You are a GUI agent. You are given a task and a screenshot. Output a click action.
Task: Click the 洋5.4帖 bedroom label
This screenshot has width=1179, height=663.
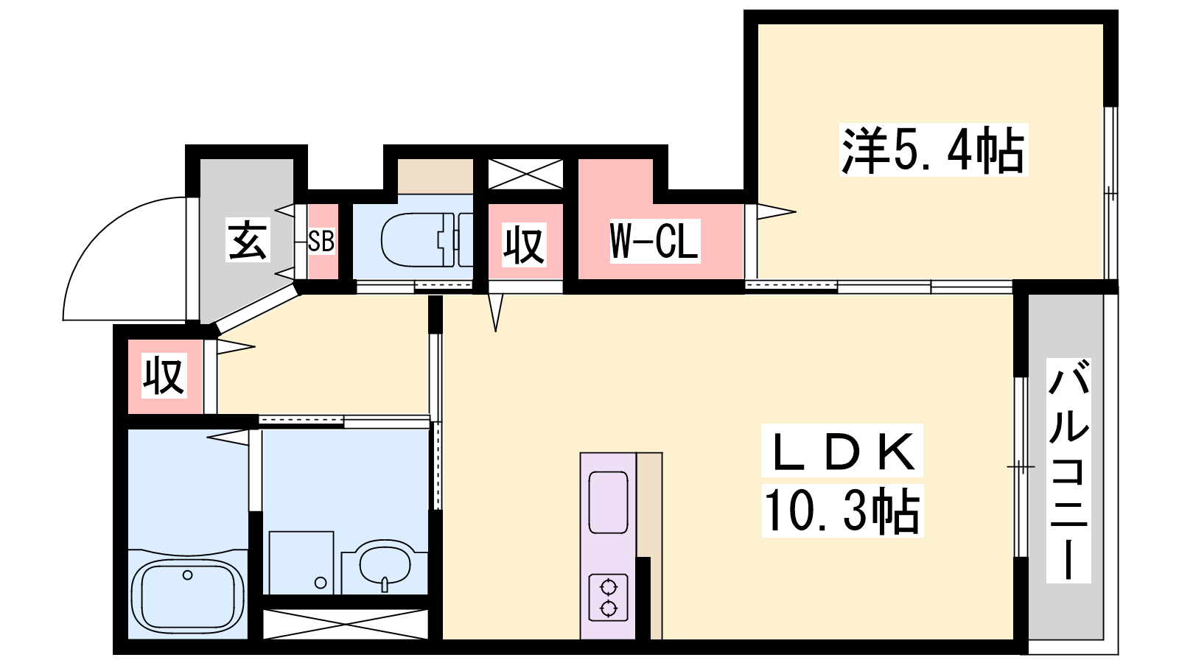point(933,150)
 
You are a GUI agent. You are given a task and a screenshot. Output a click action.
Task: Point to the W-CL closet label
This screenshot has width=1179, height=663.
point(654,240)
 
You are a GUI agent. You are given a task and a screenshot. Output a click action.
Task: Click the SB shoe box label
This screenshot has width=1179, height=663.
point(321,241)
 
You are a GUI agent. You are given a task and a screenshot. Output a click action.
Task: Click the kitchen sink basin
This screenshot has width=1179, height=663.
point(609,502)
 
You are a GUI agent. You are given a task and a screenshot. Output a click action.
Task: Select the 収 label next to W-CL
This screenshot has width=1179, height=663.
point(524,245)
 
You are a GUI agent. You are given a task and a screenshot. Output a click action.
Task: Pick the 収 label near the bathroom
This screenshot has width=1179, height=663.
point(164,376)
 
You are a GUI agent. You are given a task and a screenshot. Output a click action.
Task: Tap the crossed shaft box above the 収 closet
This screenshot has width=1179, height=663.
point(525,174)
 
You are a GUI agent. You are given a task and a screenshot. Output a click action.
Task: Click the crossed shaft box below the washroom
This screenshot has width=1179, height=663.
point(346,624)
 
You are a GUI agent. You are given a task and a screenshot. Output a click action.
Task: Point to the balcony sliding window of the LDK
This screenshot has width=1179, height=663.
point(1021,467)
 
